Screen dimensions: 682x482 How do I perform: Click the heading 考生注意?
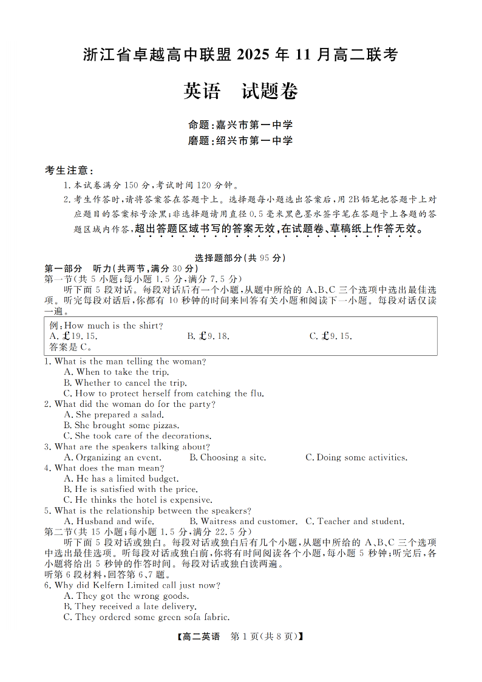[x=69, y=170]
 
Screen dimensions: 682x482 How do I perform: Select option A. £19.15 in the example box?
[x=72, y=336]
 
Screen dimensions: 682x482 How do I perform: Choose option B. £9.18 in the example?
[x=208, y=336]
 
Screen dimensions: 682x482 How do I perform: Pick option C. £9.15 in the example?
[x=331, y=336]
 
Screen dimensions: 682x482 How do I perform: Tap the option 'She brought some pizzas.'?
[x=121, y=425]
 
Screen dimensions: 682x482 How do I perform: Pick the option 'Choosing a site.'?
[x=228, y=457]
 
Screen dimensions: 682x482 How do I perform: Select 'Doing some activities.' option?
[x=356, y=457]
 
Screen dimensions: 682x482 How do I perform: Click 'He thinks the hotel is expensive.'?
[x=138, y=500]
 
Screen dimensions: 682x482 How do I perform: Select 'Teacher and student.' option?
[x=355, y=521]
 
